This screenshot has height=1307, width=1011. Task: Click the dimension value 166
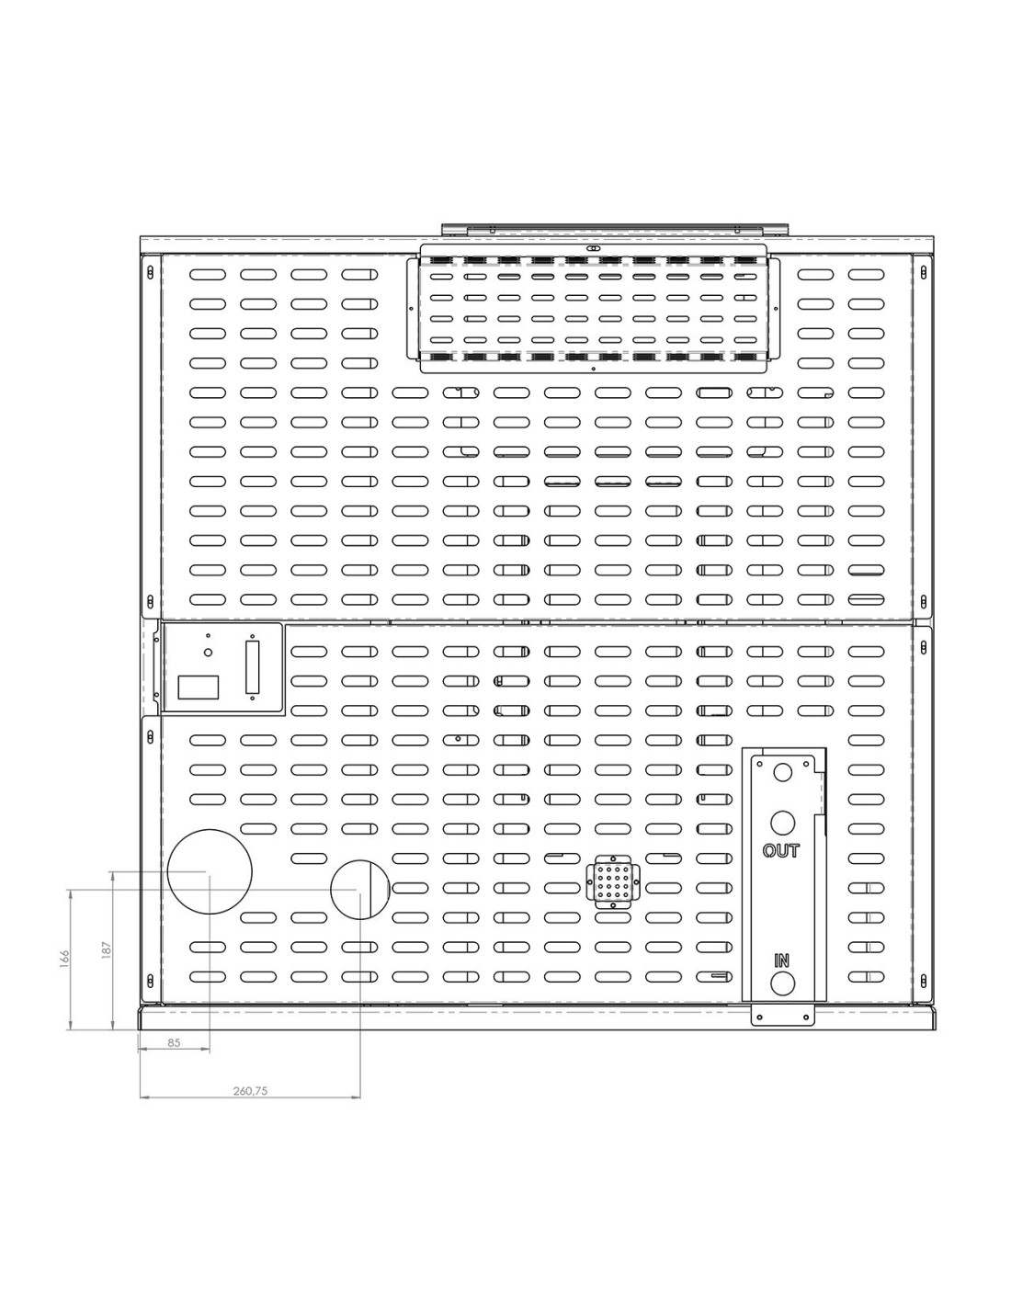[64, 958]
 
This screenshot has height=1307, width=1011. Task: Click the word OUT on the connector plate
[780, 851]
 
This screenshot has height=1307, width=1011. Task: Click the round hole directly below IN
[782, 984]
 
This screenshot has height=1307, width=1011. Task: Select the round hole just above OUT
[782, 823]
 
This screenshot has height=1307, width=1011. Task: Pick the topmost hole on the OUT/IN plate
[782, 772]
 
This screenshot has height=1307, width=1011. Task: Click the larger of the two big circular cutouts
[210, 871]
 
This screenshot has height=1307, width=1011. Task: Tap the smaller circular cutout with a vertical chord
[360, 890]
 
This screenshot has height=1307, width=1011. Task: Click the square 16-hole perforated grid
[612, 883]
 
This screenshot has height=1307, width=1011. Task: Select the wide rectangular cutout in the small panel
[198, 687]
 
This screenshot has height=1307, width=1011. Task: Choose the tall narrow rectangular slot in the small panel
[252, 667]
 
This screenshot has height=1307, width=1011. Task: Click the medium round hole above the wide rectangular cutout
[209, 652]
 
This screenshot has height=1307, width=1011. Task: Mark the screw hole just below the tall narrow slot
[252, 699]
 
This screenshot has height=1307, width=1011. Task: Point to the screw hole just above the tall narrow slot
[252, 636]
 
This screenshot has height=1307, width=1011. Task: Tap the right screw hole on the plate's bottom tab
[805, 1017]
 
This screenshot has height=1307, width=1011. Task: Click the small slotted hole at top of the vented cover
[593, 248]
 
